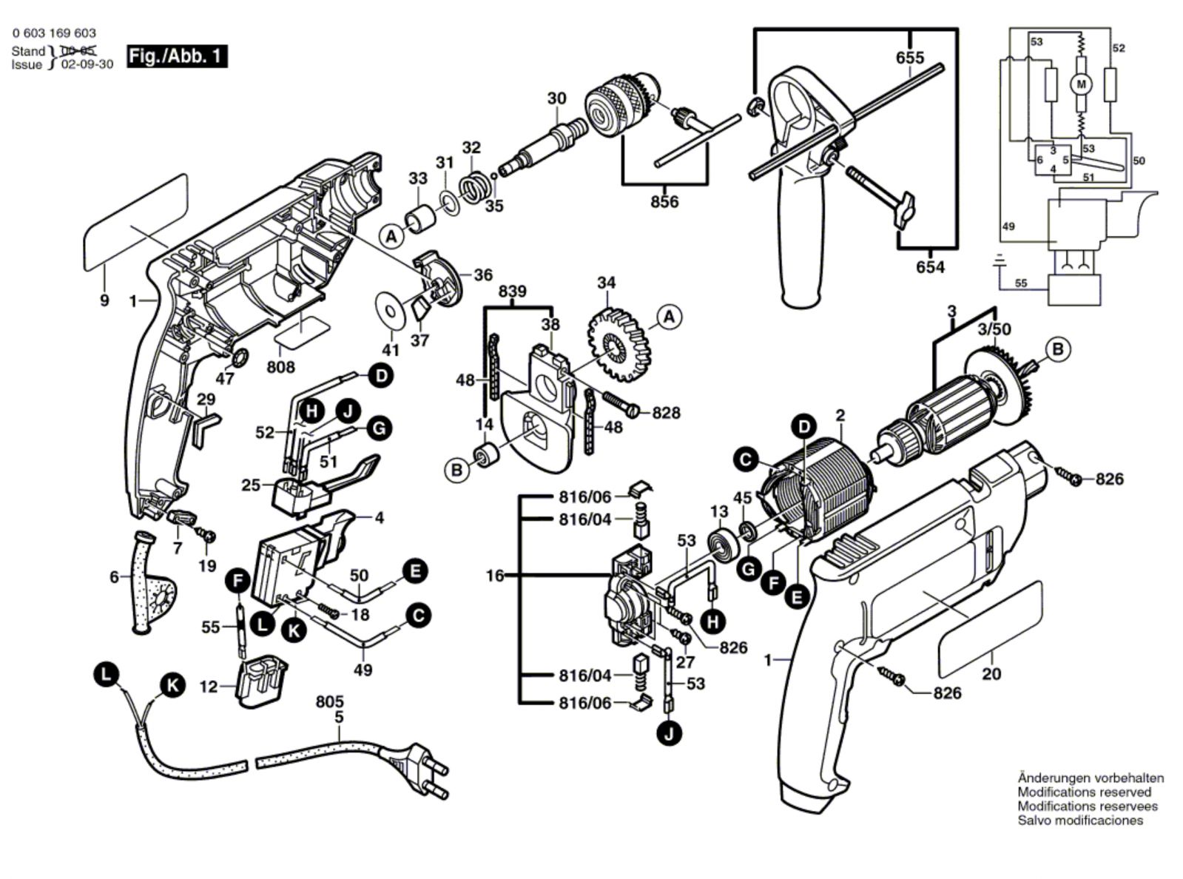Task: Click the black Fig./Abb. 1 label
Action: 177,56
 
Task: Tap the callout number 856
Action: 664,201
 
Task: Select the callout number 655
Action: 909,58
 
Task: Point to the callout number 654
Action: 930,267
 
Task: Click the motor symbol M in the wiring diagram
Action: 1081,84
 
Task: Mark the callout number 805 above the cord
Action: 329,701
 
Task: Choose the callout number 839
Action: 512,292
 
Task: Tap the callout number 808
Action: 280,367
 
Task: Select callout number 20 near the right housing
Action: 991,674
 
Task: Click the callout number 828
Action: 666,413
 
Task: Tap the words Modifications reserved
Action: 1084,792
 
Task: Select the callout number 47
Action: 224,379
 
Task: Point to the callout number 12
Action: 209,687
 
